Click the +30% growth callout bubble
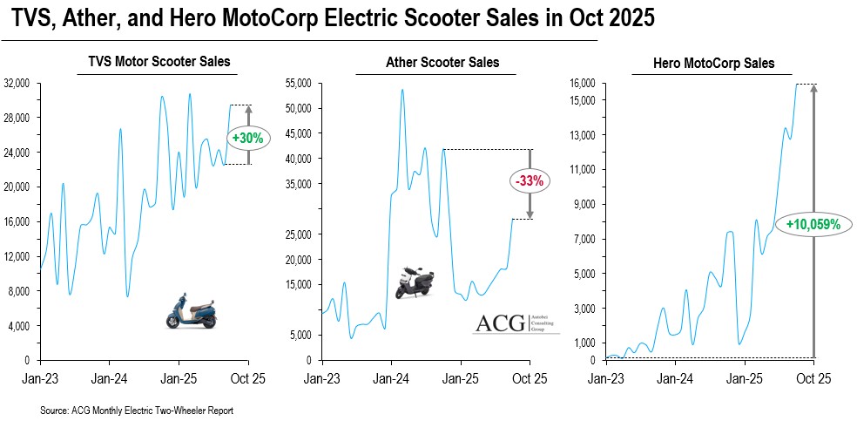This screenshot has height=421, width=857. [248, 137]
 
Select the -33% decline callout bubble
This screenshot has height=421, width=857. [529, 181]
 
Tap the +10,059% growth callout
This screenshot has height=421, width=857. [813, 223]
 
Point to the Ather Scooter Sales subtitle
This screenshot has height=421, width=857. [442, 62]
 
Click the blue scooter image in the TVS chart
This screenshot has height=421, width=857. [191, 310]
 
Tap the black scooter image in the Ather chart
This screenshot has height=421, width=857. [413, 283]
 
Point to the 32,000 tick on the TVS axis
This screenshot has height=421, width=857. [17, 84]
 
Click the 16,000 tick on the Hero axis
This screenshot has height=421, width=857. [583, 84]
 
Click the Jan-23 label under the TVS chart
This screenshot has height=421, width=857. [39, 379]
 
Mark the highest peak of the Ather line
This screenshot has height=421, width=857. [402, 90]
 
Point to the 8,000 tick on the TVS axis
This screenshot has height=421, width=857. [20, 291]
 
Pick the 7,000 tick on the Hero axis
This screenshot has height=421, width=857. [585, 239]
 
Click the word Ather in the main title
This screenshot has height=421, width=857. [93, 19]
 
